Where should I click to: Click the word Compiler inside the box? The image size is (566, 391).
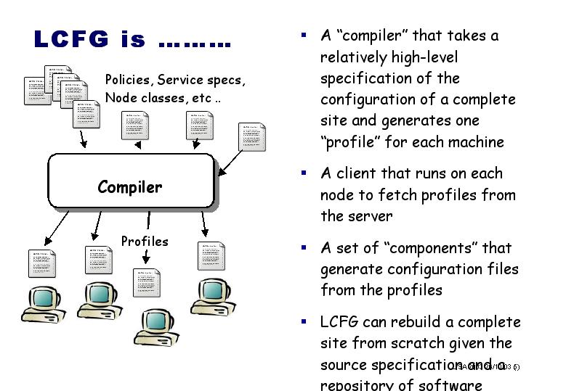point(130,187)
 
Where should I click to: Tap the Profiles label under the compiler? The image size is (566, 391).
point(145,242)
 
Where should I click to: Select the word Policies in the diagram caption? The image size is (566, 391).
point(128,79)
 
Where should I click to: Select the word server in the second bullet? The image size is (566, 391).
point(369,216)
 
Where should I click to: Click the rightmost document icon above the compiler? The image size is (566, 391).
point(252,138)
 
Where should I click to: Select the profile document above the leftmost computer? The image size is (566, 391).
point(41,263)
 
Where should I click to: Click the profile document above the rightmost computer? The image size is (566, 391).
point(211,256)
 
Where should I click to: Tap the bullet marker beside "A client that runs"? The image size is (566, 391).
point(304,174)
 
